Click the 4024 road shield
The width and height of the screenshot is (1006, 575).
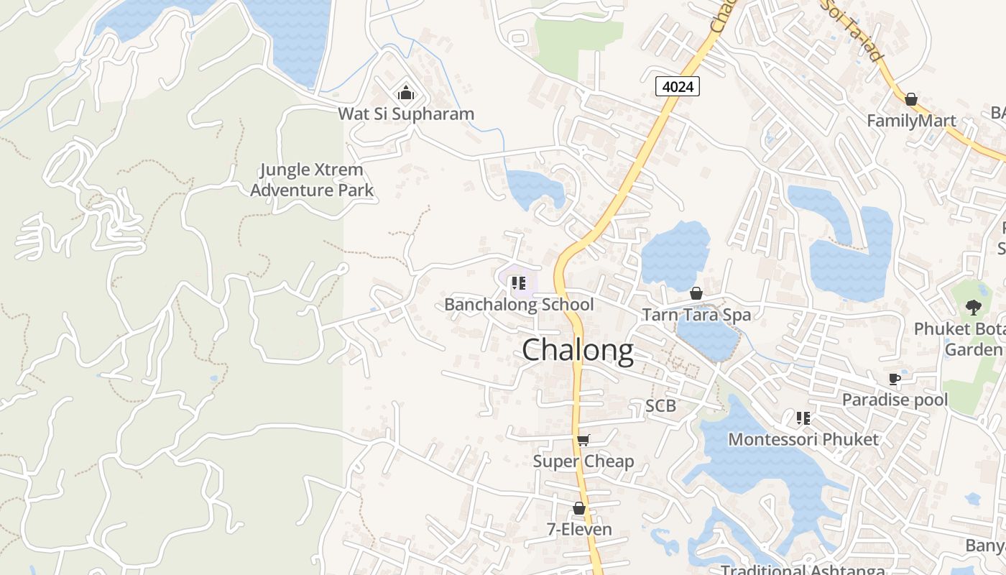(x=677, y=87)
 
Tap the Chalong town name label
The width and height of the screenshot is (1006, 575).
(x=578, y=351)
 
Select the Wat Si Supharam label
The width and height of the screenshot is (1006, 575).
(x=406, y=114)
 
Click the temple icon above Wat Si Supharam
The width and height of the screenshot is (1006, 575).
(x=406, y=93)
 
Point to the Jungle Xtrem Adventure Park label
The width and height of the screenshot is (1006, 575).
(x=312, y=180)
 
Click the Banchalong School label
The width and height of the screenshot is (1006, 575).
(x=519, y=304)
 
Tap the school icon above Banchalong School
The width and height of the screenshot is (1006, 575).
(x=519, y=283)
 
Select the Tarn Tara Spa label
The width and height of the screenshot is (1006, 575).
(x=696, y=314)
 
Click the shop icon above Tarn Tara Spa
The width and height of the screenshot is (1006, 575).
(x=696, y=293)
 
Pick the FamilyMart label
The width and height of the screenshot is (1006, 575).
(x=911, y=120)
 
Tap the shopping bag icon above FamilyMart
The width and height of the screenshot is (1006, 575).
(x=911, y=99)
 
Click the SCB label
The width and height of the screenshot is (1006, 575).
(x=660, y=406)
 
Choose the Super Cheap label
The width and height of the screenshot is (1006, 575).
(x=583, y=461)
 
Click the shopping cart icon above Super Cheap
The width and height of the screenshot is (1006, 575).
(x=583, y=440)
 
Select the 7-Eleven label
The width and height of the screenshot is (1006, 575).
(x=579, y=530)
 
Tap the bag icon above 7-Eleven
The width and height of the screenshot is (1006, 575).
(x=579, y=509)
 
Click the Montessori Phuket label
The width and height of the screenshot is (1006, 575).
(x=803, y=439)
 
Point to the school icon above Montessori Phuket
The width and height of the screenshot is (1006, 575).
(x=803, y=418)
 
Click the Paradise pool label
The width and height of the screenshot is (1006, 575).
(x=895, y=400)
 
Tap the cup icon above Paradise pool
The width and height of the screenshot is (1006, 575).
(x=895, y=379)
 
